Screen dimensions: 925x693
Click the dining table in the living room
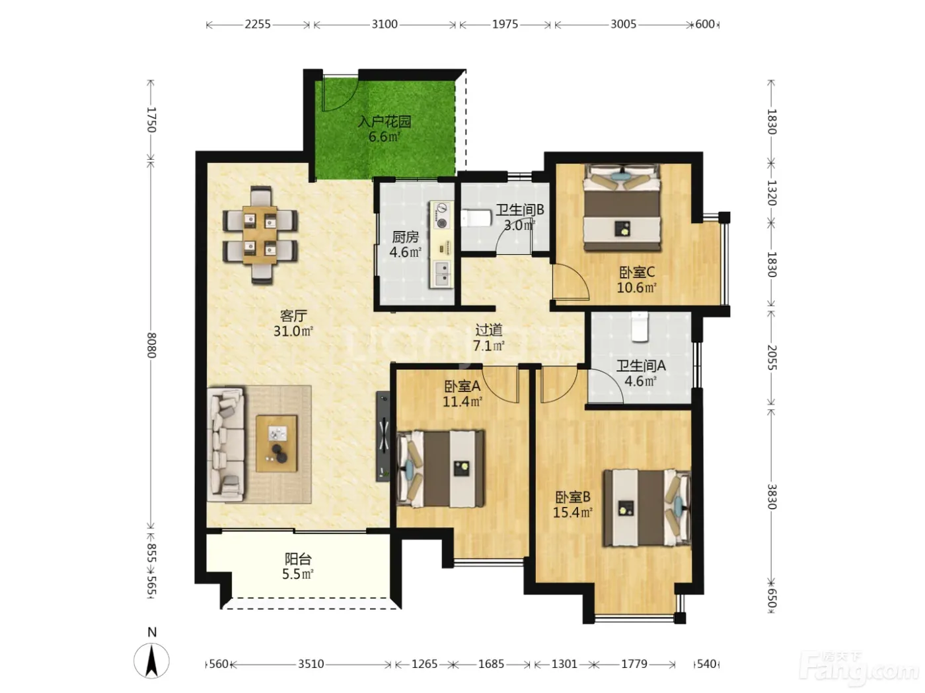260,235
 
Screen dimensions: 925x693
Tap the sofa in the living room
226,444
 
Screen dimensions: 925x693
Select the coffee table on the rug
276,443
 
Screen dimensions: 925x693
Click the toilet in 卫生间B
476,218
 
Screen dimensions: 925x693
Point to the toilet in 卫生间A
640,327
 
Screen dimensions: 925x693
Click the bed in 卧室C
622,207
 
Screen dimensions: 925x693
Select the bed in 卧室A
441,469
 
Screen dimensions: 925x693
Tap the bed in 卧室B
647,508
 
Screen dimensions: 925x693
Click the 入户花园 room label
384,122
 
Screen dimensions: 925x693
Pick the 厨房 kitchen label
406,238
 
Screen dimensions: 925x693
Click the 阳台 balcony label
298,559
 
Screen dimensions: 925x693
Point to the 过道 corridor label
489,330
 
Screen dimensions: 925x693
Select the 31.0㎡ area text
293,331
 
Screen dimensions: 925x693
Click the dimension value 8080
152,345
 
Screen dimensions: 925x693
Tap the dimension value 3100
385,24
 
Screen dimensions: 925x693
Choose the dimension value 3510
311,664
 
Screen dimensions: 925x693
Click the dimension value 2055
772,358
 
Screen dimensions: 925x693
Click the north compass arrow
152,661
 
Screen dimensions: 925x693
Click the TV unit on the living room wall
383,436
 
